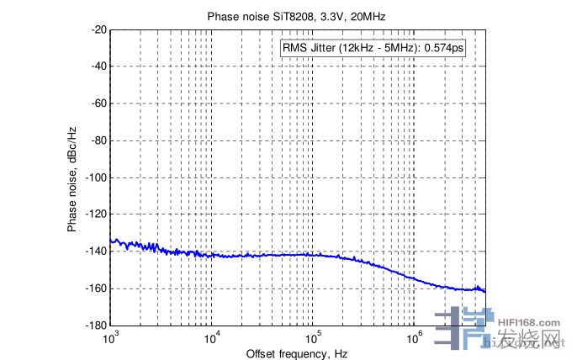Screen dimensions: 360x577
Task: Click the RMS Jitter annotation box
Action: [x=374, y=48]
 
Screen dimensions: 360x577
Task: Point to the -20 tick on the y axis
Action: [x=98, y=29]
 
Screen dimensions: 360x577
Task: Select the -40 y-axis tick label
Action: [x=98, y=66]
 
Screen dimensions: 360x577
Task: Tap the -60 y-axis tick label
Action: [x=98, y=103]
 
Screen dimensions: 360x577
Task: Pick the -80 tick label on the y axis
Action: [x=98, y=140]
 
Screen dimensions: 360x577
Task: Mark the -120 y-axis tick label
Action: [x=95, y=214]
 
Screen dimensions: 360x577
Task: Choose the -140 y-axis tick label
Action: [x=95, y=251]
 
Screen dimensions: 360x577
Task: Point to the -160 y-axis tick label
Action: [x=95, y=289]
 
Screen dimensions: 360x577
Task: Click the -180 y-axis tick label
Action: [x=95, y=326]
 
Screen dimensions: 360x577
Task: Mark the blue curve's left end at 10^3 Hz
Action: [x=112, y=241]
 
